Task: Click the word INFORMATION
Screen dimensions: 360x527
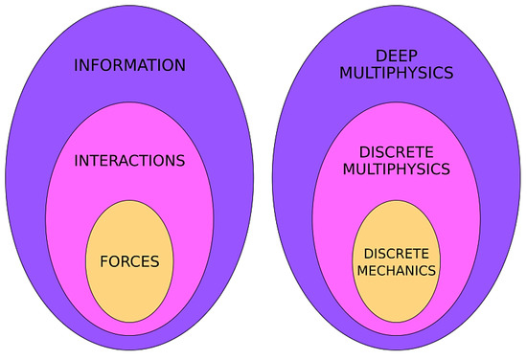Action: [x=129, y=66]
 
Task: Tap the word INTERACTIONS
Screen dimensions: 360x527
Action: [x=129, y=159]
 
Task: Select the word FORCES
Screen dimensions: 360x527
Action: [x=129, y=259]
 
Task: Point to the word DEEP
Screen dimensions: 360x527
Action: [x=396, y=56]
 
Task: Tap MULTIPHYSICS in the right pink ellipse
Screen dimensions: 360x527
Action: [x=396, y=169]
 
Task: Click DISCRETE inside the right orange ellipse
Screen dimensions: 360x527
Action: [x=396, y=253]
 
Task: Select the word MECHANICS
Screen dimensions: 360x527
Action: [x=396, y=270]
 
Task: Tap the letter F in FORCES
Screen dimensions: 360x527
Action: [x=103, y=259]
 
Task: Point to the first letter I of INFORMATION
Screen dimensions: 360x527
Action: [x=76, y=66]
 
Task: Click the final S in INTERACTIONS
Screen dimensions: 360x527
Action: [x=179, y=159]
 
